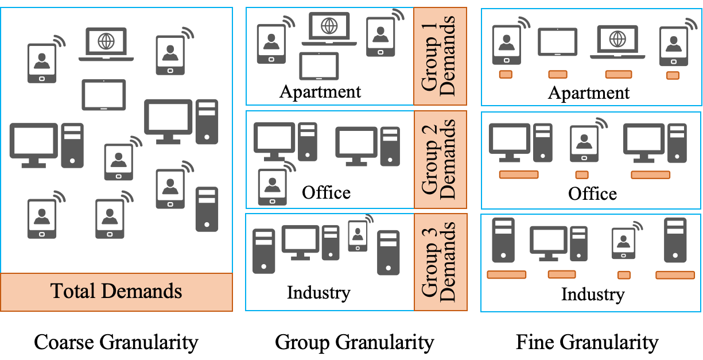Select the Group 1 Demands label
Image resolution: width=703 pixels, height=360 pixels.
coord(440,56)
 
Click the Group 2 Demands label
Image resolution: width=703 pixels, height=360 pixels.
coord(440,160)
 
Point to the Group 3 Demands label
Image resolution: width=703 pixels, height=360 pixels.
coord(440,262)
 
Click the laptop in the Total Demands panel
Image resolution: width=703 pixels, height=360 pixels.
coord(106,44)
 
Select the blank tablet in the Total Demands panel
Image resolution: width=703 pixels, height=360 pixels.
coord(104,95)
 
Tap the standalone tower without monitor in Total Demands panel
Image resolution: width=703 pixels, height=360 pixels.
coord(207,209)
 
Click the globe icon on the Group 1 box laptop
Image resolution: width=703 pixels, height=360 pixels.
coord(329,26)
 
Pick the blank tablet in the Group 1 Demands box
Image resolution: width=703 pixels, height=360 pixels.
coord(319,65)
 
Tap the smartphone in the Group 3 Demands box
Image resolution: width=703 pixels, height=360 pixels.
coord(358,236)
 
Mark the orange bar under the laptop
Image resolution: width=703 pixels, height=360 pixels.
coord(619,75)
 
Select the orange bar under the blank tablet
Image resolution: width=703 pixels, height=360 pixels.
coord(558,75)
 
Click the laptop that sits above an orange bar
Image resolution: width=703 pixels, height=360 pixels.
coord(617,42)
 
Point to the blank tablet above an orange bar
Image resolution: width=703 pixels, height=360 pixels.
coord(558,42)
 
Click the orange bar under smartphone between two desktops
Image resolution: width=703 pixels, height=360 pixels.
coord(582,175)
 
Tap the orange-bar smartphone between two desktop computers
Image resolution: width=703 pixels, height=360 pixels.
coord(584,144)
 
